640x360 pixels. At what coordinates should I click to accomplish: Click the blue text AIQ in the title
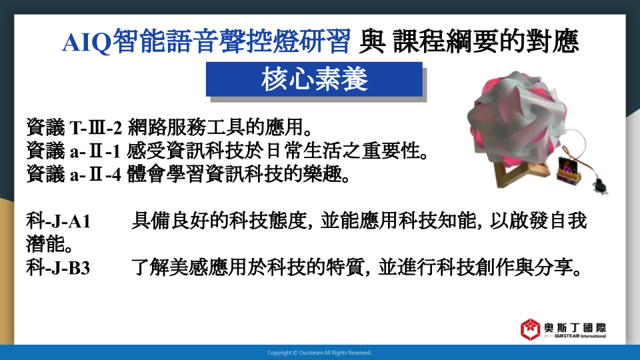87,41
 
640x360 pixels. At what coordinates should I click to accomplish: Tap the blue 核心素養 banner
314,79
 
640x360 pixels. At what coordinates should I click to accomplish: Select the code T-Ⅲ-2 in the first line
96,128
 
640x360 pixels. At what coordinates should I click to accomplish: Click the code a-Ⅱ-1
95,151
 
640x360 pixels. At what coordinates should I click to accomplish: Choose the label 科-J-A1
58,221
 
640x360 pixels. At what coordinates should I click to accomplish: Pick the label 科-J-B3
58,268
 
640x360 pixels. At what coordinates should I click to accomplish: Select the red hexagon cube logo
530,329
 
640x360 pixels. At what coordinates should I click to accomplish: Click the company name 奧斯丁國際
575,327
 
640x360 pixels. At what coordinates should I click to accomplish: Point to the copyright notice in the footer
319,353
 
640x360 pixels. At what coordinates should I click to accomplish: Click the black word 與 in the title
372,41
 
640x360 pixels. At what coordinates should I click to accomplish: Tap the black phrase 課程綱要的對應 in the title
486,41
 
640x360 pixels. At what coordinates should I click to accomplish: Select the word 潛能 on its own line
45,245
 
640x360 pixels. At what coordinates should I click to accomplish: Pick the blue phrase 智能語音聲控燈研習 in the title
231,41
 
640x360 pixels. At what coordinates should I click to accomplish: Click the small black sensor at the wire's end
601,186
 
